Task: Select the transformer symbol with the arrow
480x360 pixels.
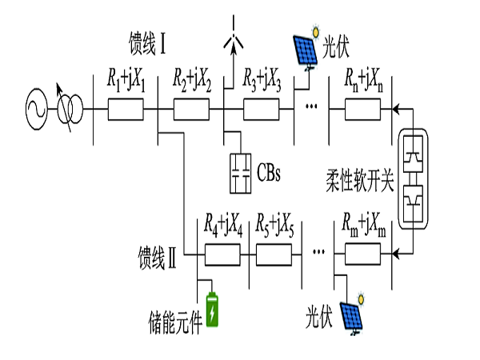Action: point(69,110)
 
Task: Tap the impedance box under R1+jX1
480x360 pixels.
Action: point(126,110)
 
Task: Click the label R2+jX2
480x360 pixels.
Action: point(192,80)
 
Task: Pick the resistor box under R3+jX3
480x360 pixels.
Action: point(259,110)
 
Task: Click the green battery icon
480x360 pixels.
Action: point(212,310)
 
